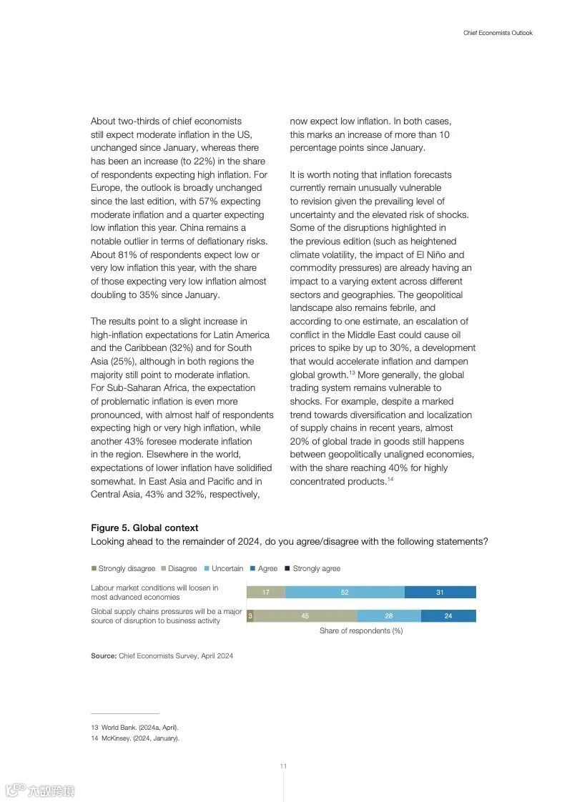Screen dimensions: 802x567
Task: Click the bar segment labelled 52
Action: coord(345,592)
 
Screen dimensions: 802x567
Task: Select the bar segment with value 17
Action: coord(265,592)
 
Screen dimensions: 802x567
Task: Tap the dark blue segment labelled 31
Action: coord(440,592)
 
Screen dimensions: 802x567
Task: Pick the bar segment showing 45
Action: coord(305,615)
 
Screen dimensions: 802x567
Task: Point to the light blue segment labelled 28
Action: coord(389,615)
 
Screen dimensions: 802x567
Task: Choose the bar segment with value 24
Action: coord(448,615)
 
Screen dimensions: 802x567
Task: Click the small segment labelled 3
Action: coord(250,615)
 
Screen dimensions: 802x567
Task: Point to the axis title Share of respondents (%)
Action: coord(361,630)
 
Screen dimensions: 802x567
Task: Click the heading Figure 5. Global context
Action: coord(144,528)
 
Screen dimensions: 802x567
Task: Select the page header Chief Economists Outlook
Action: coord(498,33)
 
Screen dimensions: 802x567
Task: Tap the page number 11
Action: coord(283,766)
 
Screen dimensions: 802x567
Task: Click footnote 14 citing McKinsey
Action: coord(135,738)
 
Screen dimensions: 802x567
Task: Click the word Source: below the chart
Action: coord(104,655)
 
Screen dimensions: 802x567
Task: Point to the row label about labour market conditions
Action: coord(154,592)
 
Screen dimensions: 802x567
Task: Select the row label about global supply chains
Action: coord(166,615)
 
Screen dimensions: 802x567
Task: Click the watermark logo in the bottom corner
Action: coord(40,791)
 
